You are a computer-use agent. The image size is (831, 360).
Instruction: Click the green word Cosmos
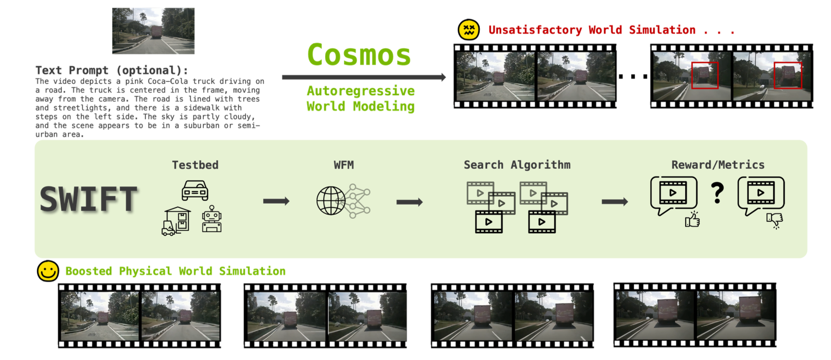tap(359, 55)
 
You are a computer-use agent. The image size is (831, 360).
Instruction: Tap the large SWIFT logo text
tap(89, 199)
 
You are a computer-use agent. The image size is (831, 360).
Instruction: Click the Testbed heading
tap(195, 165)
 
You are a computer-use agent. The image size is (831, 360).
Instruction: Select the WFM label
tap(343, 165)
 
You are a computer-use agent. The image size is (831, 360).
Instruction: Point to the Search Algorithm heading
tap(517, 165)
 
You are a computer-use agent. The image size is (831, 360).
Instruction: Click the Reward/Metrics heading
tap(718, 165)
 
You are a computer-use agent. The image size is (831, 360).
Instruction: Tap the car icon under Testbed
tap(195, 191)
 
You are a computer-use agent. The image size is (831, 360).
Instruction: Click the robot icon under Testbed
tap(212, 220)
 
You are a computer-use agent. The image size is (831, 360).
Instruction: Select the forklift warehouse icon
tap(176, 221)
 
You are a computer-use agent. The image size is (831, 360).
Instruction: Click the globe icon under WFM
tap(331, 201)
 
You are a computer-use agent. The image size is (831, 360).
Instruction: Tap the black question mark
tap(717, 193)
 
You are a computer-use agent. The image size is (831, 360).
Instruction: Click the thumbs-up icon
tap(692, 220)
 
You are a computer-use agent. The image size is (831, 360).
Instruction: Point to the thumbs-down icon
tap(775, 220)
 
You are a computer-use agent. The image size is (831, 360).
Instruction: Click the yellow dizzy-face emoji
tap(468, 30)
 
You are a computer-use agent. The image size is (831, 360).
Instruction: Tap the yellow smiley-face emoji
tap(48, 271)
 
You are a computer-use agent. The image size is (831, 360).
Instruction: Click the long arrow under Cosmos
tap(363, 77)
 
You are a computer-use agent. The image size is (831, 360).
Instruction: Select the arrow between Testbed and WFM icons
tap(276, 202)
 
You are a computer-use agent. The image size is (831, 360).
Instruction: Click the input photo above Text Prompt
tap(153, 31)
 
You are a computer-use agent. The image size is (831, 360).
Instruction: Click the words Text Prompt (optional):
tap(112, 70)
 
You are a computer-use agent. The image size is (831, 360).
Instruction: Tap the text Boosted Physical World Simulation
tap(175, 271)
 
